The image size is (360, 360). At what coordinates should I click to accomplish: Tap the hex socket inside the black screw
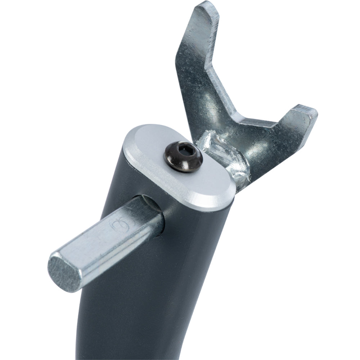point(184,153)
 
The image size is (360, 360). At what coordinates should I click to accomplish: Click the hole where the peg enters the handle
point(153,212)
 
